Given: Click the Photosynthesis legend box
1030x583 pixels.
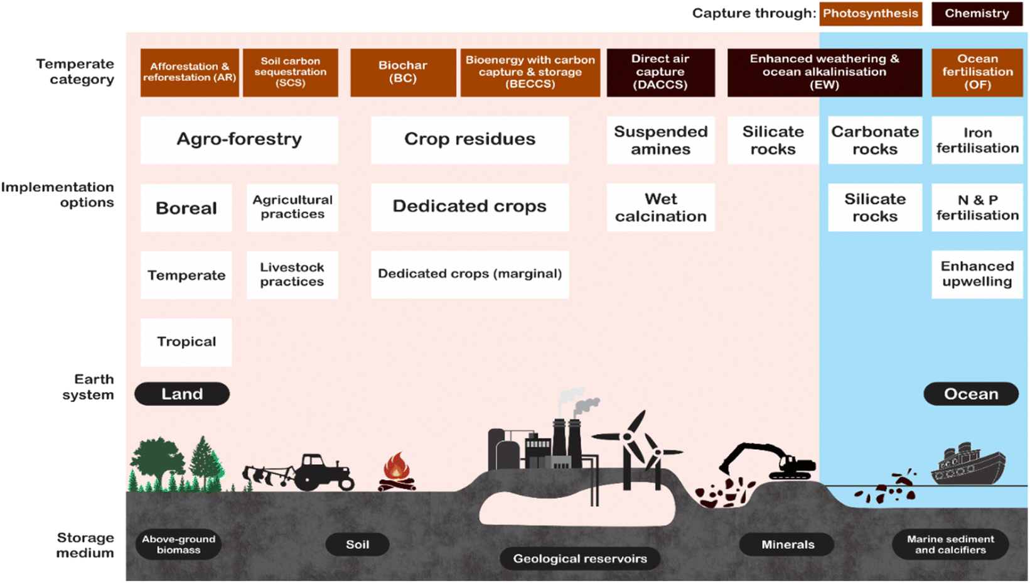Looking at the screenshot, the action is pyautogui.click(x=871, y=13).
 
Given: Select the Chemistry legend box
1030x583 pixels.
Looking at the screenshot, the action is pyautogui.click(x=977, y=13).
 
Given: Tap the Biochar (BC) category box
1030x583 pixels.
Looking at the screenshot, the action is pyautogui.click(x=403, y=72).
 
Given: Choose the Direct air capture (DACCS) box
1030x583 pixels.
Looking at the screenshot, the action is pyautogui.click(x=661, y=72).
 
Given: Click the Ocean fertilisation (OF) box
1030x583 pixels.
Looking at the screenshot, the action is pyautogui.click(x=977, y=72).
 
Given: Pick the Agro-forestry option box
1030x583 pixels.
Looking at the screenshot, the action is pyautogui.click(x=239, y=139).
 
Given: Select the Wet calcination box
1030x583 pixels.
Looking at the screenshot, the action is pyautogui.click(x=661, y=207).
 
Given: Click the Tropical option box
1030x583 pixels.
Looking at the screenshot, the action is pyautogui.click(x=186, y=342).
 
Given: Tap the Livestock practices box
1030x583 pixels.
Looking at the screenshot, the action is pyautogui.click(x=292, y=275).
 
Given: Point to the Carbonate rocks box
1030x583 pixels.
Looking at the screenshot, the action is pyautogui.click(x=875, y=139).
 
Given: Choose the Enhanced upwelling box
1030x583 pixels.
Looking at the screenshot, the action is pyautogui.click(x=977, y=275).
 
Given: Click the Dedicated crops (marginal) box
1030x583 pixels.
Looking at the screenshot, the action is pyautogui.click(x=470, y=275).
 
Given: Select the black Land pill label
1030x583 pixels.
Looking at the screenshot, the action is pyautogui.click(x=182, y=394).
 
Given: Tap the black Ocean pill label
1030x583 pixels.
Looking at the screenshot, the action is pyautogui.click(x=971, y=394).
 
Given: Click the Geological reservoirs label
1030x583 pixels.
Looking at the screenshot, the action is pyautogui.click(x=580, y=558).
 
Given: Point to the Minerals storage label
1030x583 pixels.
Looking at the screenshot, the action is pyautogui.click(x=787, y=545).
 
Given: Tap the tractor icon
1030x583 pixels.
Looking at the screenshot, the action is pyautogui.click(x=299, y=472).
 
